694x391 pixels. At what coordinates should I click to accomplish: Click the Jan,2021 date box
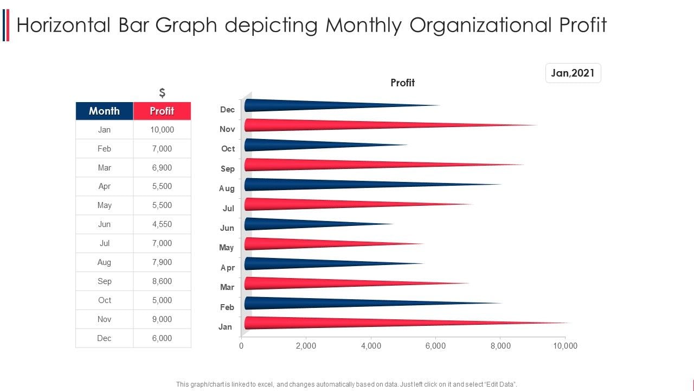[573, 73]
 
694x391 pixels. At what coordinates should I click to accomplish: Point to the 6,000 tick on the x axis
[435, 346]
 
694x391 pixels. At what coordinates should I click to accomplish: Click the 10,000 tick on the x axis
[565, 346]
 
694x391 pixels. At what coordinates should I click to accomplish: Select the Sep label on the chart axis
[228, 168]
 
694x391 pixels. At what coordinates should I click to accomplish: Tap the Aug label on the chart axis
[227, 188]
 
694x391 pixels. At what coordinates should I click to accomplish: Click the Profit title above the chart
[402, 83]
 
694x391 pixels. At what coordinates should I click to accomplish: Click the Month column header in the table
[104, 111]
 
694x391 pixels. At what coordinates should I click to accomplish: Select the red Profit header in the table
[162, 111]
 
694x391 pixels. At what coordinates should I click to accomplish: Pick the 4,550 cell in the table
[162, 224]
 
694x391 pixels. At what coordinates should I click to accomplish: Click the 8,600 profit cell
[162, 281]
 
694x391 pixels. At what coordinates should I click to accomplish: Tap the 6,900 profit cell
[162, 168]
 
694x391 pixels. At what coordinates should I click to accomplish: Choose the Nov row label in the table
[104, 319]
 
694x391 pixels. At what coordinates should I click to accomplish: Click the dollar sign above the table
[162, 93]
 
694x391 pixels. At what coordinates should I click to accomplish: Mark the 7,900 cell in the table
[162, 262]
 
